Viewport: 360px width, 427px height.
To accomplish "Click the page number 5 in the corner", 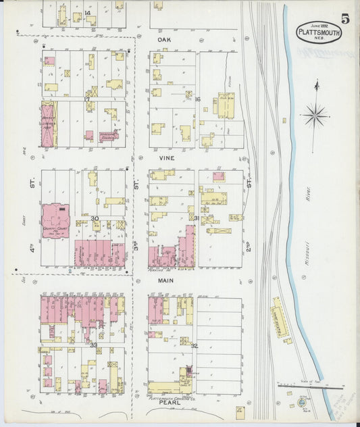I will [x=344, y=18].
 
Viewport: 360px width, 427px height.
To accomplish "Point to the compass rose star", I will [x=315, y=116].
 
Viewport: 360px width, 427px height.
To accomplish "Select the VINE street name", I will [x=166, y=157].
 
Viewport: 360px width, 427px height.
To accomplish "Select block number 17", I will [x=86, y=99].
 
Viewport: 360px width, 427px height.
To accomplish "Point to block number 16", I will [x=198, y=99].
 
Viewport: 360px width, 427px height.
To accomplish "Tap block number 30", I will [x=95, y=218].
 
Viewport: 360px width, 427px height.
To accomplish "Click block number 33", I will [x=94, y=345].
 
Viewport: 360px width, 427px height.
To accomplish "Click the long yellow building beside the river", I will [x=278, y=318].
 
